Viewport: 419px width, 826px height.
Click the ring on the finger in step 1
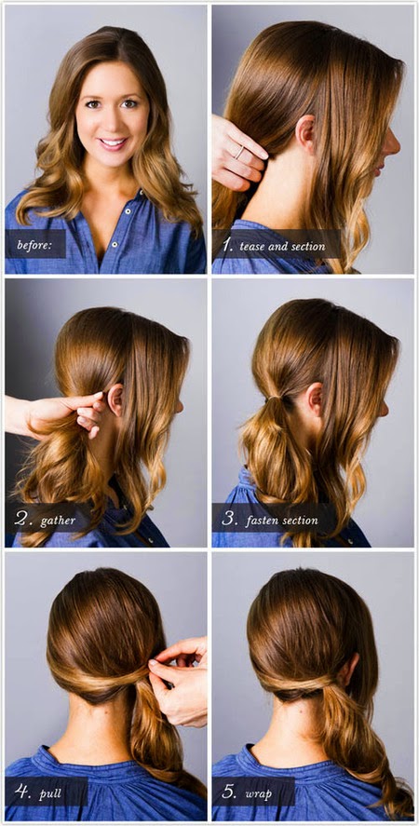pos(239,152)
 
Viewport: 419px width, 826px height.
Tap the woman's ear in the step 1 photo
pos(306,133)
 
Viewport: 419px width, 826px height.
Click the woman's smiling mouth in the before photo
pos(113,143)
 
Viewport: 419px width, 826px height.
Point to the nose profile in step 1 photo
pos(395,142)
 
